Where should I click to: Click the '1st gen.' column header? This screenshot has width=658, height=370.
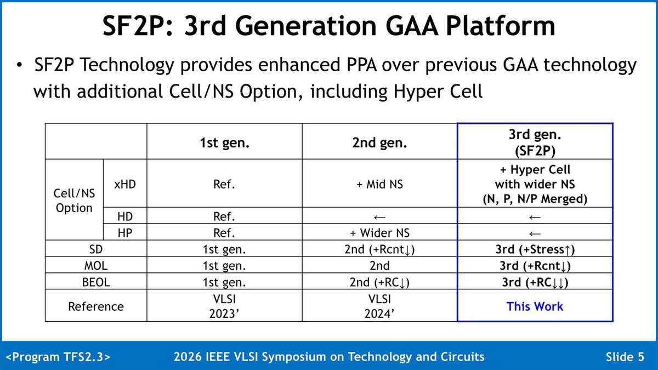[x=224, y=143]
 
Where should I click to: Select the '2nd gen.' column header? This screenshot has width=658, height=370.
[x=379, y=143]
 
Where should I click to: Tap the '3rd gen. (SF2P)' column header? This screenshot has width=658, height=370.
[x=535, y=143]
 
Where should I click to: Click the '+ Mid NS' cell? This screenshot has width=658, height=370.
[x=379, y=184]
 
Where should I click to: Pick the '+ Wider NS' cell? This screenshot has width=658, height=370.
[x=379, y=233]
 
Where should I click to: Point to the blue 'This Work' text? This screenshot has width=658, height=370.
[x=535, y=306]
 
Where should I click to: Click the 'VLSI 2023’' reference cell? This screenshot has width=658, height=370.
[x=224, y=306]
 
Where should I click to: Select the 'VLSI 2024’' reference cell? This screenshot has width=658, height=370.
[x=379, y=306]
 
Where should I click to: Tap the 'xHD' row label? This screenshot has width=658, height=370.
[x=125, y=184]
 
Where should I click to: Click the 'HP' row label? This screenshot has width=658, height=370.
[x=125, y=233]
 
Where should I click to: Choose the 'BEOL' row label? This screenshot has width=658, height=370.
[x=96, y=282]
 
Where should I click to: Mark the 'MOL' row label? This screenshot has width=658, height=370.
[x=96, y=266]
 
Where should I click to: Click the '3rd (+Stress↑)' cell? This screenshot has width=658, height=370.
[x=535, y=249]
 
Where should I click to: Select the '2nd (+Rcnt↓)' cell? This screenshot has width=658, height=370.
[x=379, y=249]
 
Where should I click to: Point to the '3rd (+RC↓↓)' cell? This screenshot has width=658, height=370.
[x=535, y=282]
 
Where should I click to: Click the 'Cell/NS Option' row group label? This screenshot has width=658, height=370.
[x=75, y=201]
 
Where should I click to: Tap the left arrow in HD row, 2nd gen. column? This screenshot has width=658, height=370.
[x=379, y=217]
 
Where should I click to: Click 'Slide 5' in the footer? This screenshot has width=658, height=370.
[x=625, y=357]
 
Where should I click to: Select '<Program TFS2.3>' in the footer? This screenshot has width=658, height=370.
[x=58, y=357]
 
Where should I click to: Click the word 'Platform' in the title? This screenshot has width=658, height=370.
[x=500, y=26]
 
